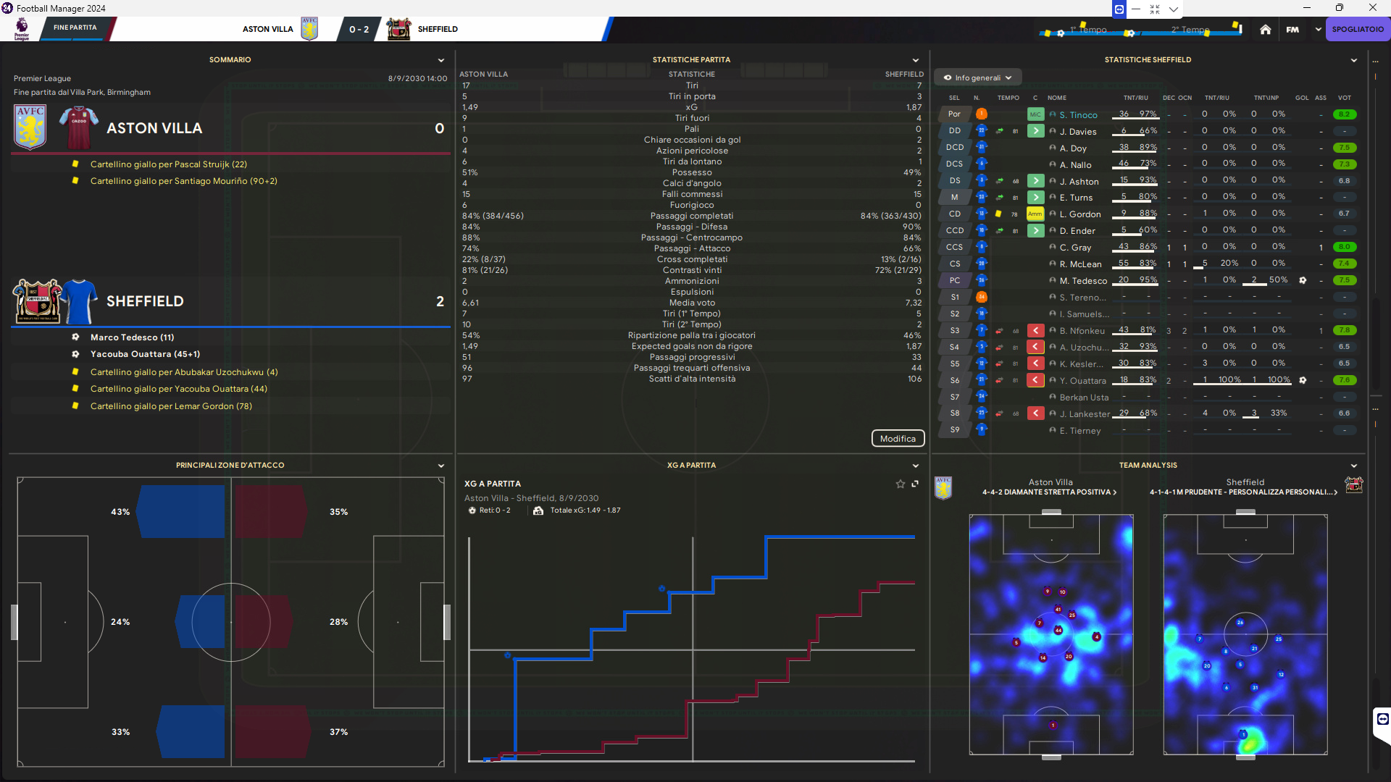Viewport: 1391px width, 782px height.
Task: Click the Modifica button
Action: tap(898, 439)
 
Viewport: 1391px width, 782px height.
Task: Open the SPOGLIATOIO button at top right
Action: tap(1358, 30)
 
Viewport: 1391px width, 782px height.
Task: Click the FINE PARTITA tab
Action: tap(75, 28)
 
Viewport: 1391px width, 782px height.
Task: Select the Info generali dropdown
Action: tap(978, 77)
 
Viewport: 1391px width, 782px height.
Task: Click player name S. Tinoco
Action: tap(1078, 115)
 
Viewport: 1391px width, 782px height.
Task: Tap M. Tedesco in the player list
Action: tap(1083, 281)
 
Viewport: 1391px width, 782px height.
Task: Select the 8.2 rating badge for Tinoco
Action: tap(1344, 114)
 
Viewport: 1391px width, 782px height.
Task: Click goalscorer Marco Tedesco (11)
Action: tap(132, 337)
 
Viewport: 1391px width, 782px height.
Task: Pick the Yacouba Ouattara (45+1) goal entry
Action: tap(145, 354)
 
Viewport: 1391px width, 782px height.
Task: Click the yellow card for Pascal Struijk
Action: tap(75, 164)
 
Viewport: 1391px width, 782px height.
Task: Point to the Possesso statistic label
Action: tap(692, 172)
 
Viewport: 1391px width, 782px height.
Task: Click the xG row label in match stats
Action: tap(692, 107)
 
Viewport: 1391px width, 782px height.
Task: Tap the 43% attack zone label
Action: tap(120, 512)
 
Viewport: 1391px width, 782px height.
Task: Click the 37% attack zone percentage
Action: tap(338, 732)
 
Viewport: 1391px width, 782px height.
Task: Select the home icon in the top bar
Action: tap(1265, 30)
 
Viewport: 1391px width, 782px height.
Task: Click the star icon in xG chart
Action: tap(901, 484)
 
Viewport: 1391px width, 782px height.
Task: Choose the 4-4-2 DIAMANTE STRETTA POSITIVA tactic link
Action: tap(1049, 492)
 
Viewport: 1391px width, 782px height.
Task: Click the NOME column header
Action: tap(1057, 98)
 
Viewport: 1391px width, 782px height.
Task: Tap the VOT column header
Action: tap(1344, 98)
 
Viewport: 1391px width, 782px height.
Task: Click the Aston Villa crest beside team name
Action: tap(30, 127)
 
